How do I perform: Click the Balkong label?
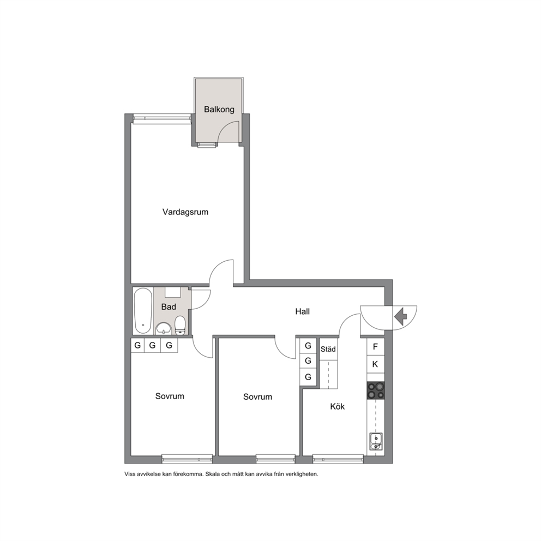pos(219,110)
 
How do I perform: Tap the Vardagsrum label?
pos(185,212)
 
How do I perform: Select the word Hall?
pos(302,311)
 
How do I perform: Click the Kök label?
pos(337,406)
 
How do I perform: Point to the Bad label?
pos(169,306)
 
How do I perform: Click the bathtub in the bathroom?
pos(143,311)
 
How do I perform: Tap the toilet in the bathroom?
pos(181,326)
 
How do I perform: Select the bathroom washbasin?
pos(164,328)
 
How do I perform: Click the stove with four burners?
pos(375,390)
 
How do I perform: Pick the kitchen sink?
pos(376,442)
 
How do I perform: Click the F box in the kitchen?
pos(375,346)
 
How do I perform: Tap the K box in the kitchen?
pos(375,364)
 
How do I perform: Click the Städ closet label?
pos(328,349)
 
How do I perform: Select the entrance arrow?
pos(401,317)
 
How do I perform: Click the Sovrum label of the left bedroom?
pos(170,396)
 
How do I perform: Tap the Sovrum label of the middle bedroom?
pos(257,397)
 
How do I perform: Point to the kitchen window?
pos(338,459)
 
